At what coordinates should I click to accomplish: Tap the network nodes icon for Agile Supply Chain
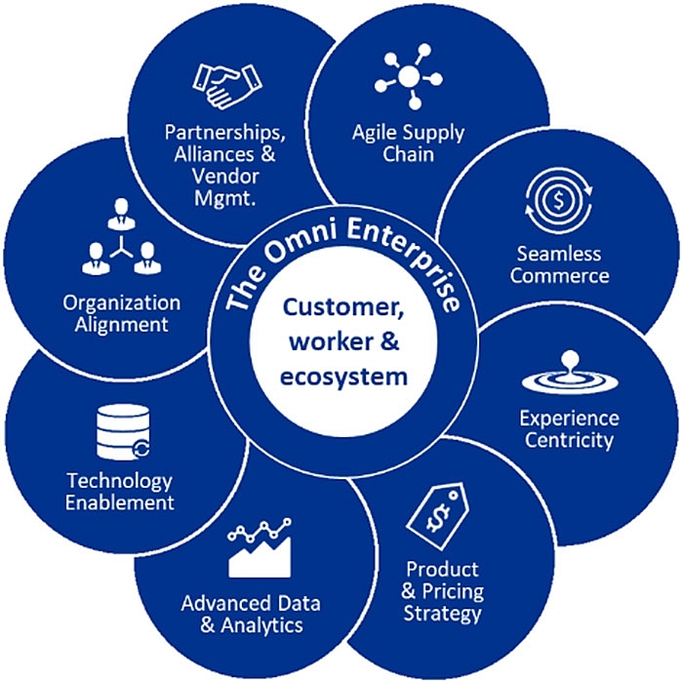[x=407, y=78]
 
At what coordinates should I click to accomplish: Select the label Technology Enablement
[x=120, y=492]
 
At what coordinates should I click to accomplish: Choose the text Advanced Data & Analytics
[x=251, y=614]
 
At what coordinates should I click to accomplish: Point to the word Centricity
[x=569, y=440]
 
